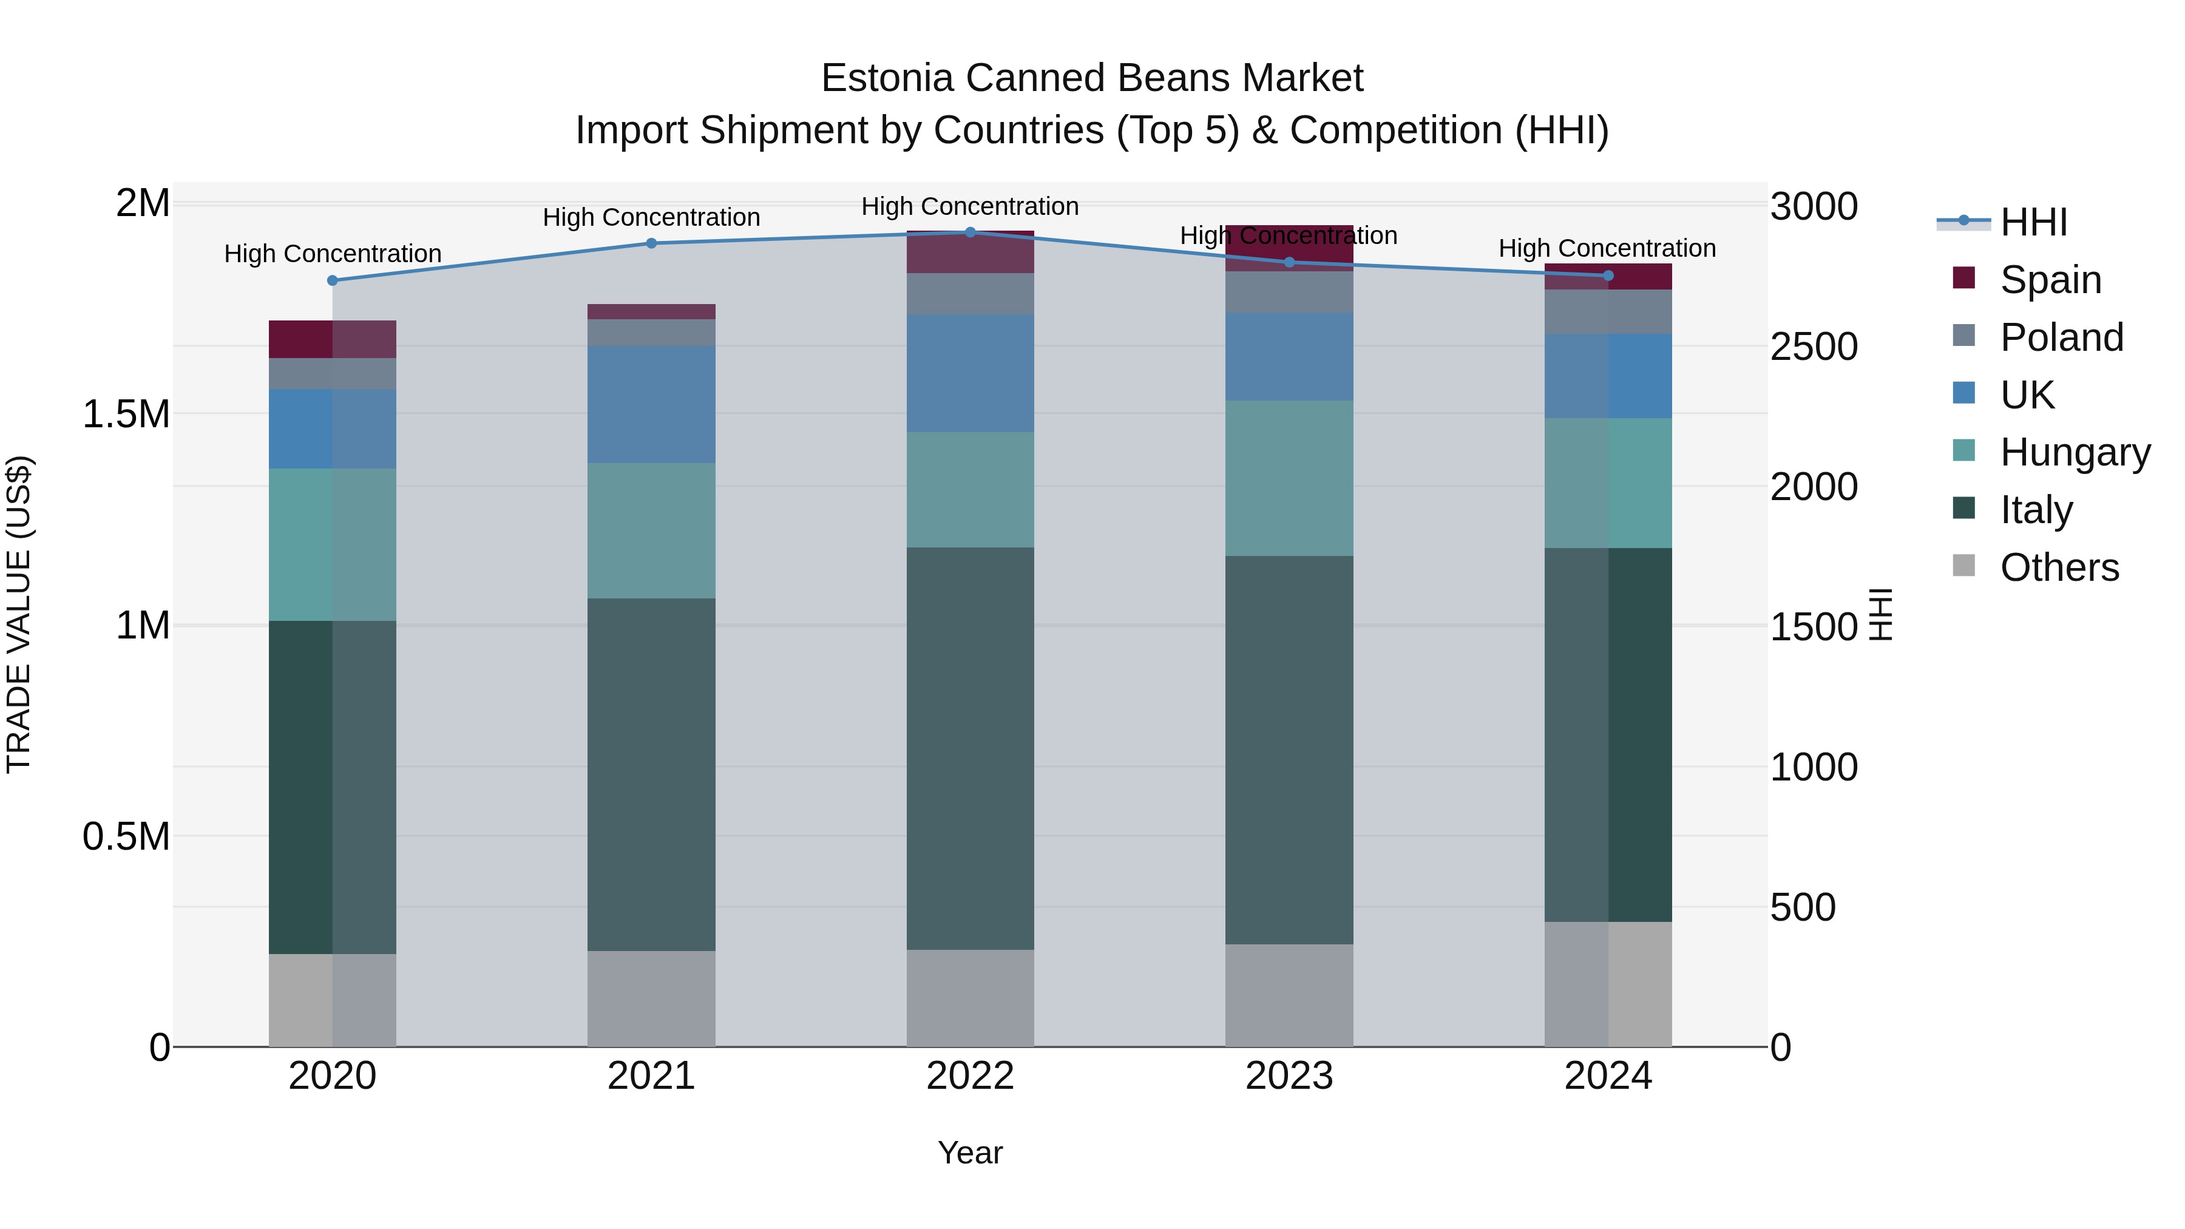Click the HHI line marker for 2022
coord(971,232)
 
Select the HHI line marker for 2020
coord(333,281)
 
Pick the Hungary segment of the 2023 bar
coord(1289,478)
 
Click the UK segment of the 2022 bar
coord(971,373)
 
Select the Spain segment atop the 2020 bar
coord(333,339)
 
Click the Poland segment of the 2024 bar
coord(1608,311)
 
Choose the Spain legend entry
coord(2051,280)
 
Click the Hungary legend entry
coord(2075,452)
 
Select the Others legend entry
coord(2059,567)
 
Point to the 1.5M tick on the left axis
coord(126,414)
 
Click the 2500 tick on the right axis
coord(1814,347)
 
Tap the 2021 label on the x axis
coord(651,1076)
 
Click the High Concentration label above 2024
coord(1607,248)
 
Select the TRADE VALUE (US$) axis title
coord(19,614)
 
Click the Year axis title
coord(971,1153)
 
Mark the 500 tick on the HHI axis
coord(1803,907)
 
